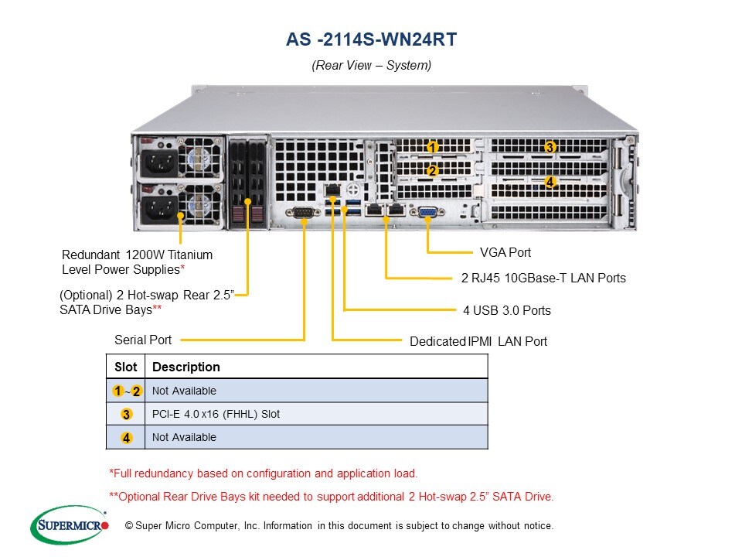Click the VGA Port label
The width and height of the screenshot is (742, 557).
click(505, 252)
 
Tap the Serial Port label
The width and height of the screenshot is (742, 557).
click(143, 340)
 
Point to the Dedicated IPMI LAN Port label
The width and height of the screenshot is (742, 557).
click(478, 341)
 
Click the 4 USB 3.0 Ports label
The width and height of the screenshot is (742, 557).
click(506, 310)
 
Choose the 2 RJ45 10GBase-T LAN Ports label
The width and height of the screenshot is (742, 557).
click(543, 278)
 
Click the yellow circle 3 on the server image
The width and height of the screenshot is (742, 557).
click(550, 147)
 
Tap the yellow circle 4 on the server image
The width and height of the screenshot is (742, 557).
click(550, 182)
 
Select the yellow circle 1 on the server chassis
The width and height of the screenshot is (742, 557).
click(433, 147)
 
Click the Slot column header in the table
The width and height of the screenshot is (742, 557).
click(125, 367)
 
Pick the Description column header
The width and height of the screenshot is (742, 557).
click(186, 367)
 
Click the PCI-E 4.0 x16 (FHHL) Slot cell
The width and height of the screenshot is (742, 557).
click(216, 414)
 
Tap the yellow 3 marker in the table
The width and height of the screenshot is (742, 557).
click(126, 415)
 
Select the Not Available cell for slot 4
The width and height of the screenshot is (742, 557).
click(184, 437)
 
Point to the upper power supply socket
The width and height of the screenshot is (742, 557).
click(158, 163)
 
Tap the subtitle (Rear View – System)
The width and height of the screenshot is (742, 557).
click(371, 66)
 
